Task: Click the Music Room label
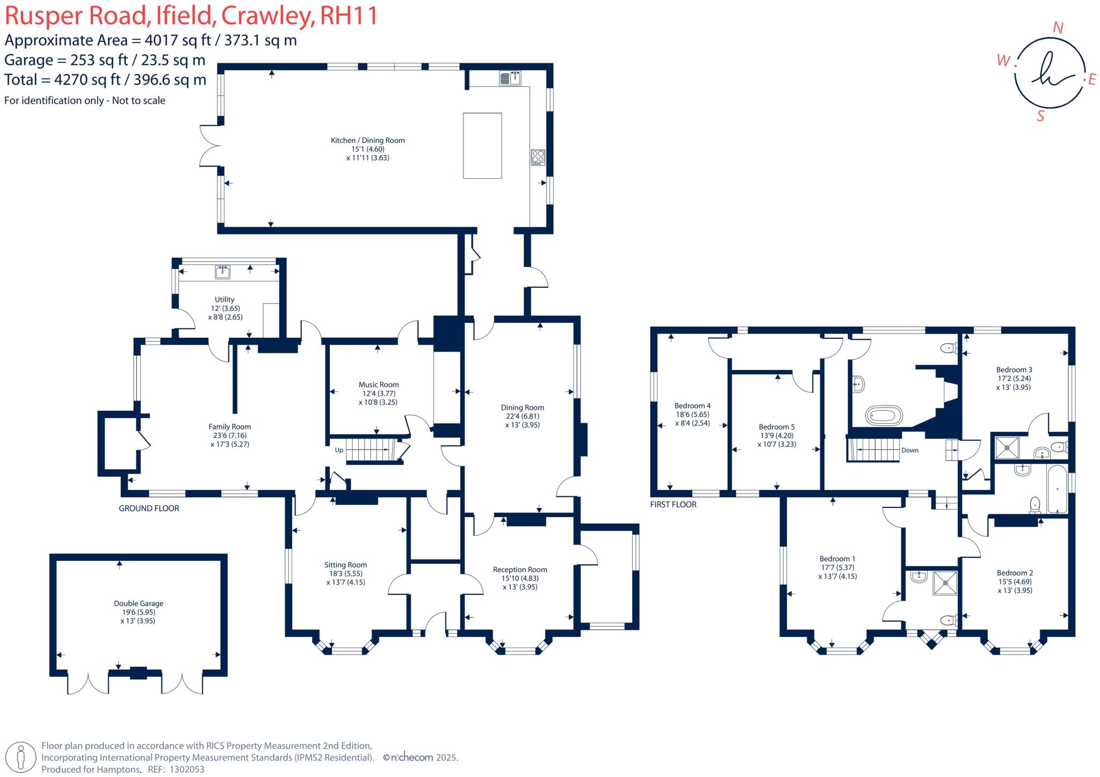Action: (x=379, y=384)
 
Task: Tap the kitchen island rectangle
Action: (x=482, y=146)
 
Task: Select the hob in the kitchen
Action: (x=538, y=157)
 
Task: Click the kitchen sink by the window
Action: (x=510, y=78)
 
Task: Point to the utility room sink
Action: (x=222, y=272)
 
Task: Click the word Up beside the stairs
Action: (x=339, y=450)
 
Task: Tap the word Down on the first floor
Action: (x=910, y=450)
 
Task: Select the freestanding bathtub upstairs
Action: (x=884, y=416)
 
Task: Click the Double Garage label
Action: (x=139, y=603)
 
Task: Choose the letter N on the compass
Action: (x=1058, y=28)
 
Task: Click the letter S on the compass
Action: (x=1040, y=116)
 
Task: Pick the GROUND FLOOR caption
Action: (x=149, y=508)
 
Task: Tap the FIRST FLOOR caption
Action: (x=673, y=504)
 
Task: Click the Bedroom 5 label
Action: (x=777, y=427)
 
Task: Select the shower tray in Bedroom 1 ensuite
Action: (x=945, y=583)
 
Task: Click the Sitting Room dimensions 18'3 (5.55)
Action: (x=345, y=573)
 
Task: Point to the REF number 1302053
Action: (x=187, y=769)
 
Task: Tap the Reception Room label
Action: (x=520, y=570)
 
